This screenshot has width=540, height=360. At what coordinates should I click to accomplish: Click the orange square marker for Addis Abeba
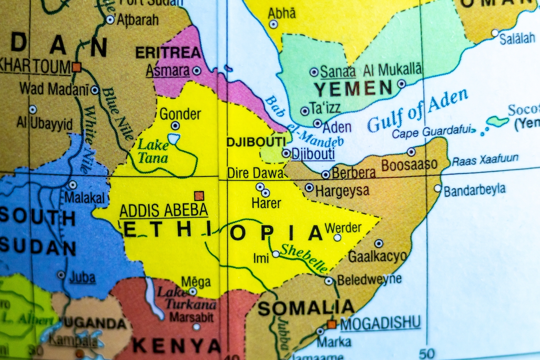199,196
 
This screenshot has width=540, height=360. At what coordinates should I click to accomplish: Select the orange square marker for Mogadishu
331,324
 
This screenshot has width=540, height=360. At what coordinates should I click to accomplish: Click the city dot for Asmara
196,71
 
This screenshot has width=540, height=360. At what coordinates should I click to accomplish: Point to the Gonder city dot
175,125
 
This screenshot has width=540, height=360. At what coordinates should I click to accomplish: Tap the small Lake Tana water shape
174,139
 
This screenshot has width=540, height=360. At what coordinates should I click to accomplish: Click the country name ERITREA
168,53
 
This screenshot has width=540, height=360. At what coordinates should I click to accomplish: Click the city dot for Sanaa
314,72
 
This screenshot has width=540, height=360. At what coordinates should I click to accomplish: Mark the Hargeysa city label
342,191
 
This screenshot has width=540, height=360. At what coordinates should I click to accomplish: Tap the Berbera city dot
326,174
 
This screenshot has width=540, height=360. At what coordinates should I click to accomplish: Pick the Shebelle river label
304,258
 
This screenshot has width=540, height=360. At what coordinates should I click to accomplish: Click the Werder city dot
337,238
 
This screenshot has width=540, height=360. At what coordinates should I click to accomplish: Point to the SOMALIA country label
306,308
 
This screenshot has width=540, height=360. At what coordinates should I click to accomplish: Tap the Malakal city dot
73,185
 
